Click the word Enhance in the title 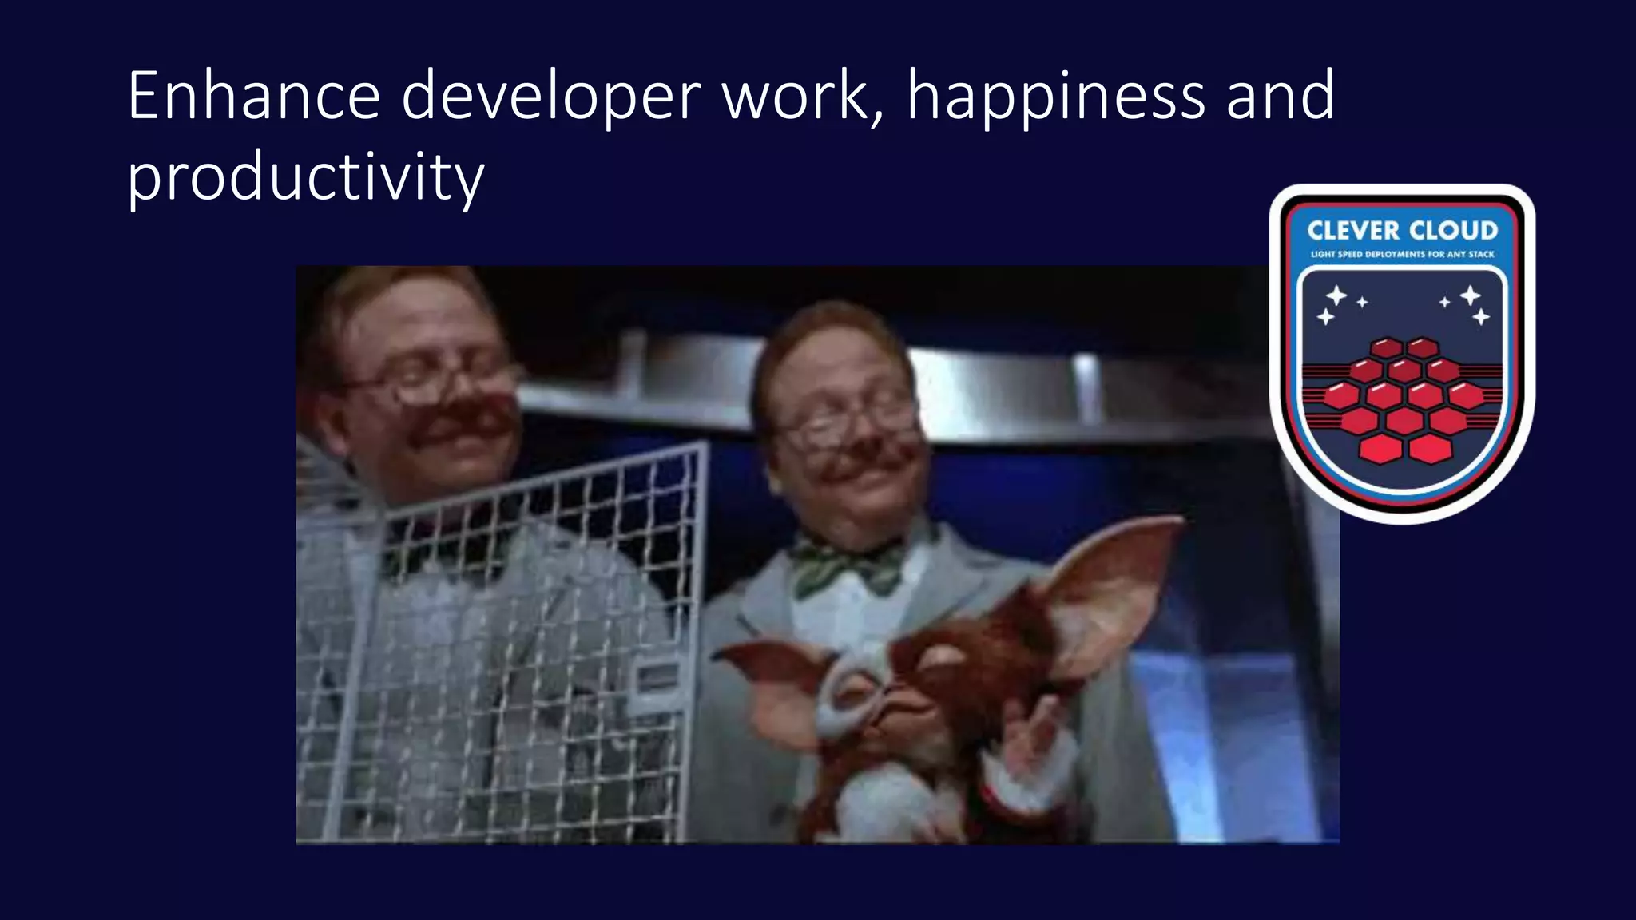[x=253, y=96]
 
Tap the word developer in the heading [x=550, y=97]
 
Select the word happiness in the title [x=1055, y=97]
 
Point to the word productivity [x=305, y=177]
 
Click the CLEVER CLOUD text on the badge [x=1402, y=231]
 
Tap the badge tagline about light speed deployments [x=1402, y=255]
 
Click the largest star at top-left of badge [x=1336, y=295]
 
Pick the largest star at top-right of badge [x=1470, y=295]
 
